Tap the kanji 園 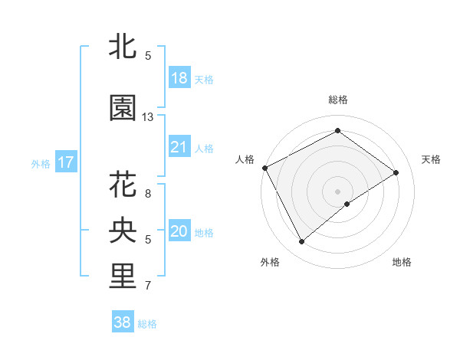[123, 108]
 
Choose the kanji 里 [123, 276]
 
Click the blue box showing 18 [179, 79]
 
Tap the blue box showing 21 [179, 147]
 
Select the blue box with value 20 [179, 231]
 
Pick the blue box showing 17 [65, 162]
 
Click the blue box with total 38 [123, 322]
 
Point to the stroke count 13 [148, 117]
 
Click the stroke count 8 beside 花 [148, 193]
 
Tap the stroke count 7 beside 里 [148, 286]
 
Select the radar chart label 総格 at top [338, 100]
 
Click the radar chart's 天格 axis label [431, 159]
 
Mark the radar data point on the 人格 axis [264, 167]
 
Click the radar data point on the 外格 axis [301, 242]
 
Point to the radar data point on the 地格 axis [347, 204]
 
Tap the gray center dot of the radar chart [338, 191]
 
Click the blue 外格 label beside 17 [41, 163]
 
